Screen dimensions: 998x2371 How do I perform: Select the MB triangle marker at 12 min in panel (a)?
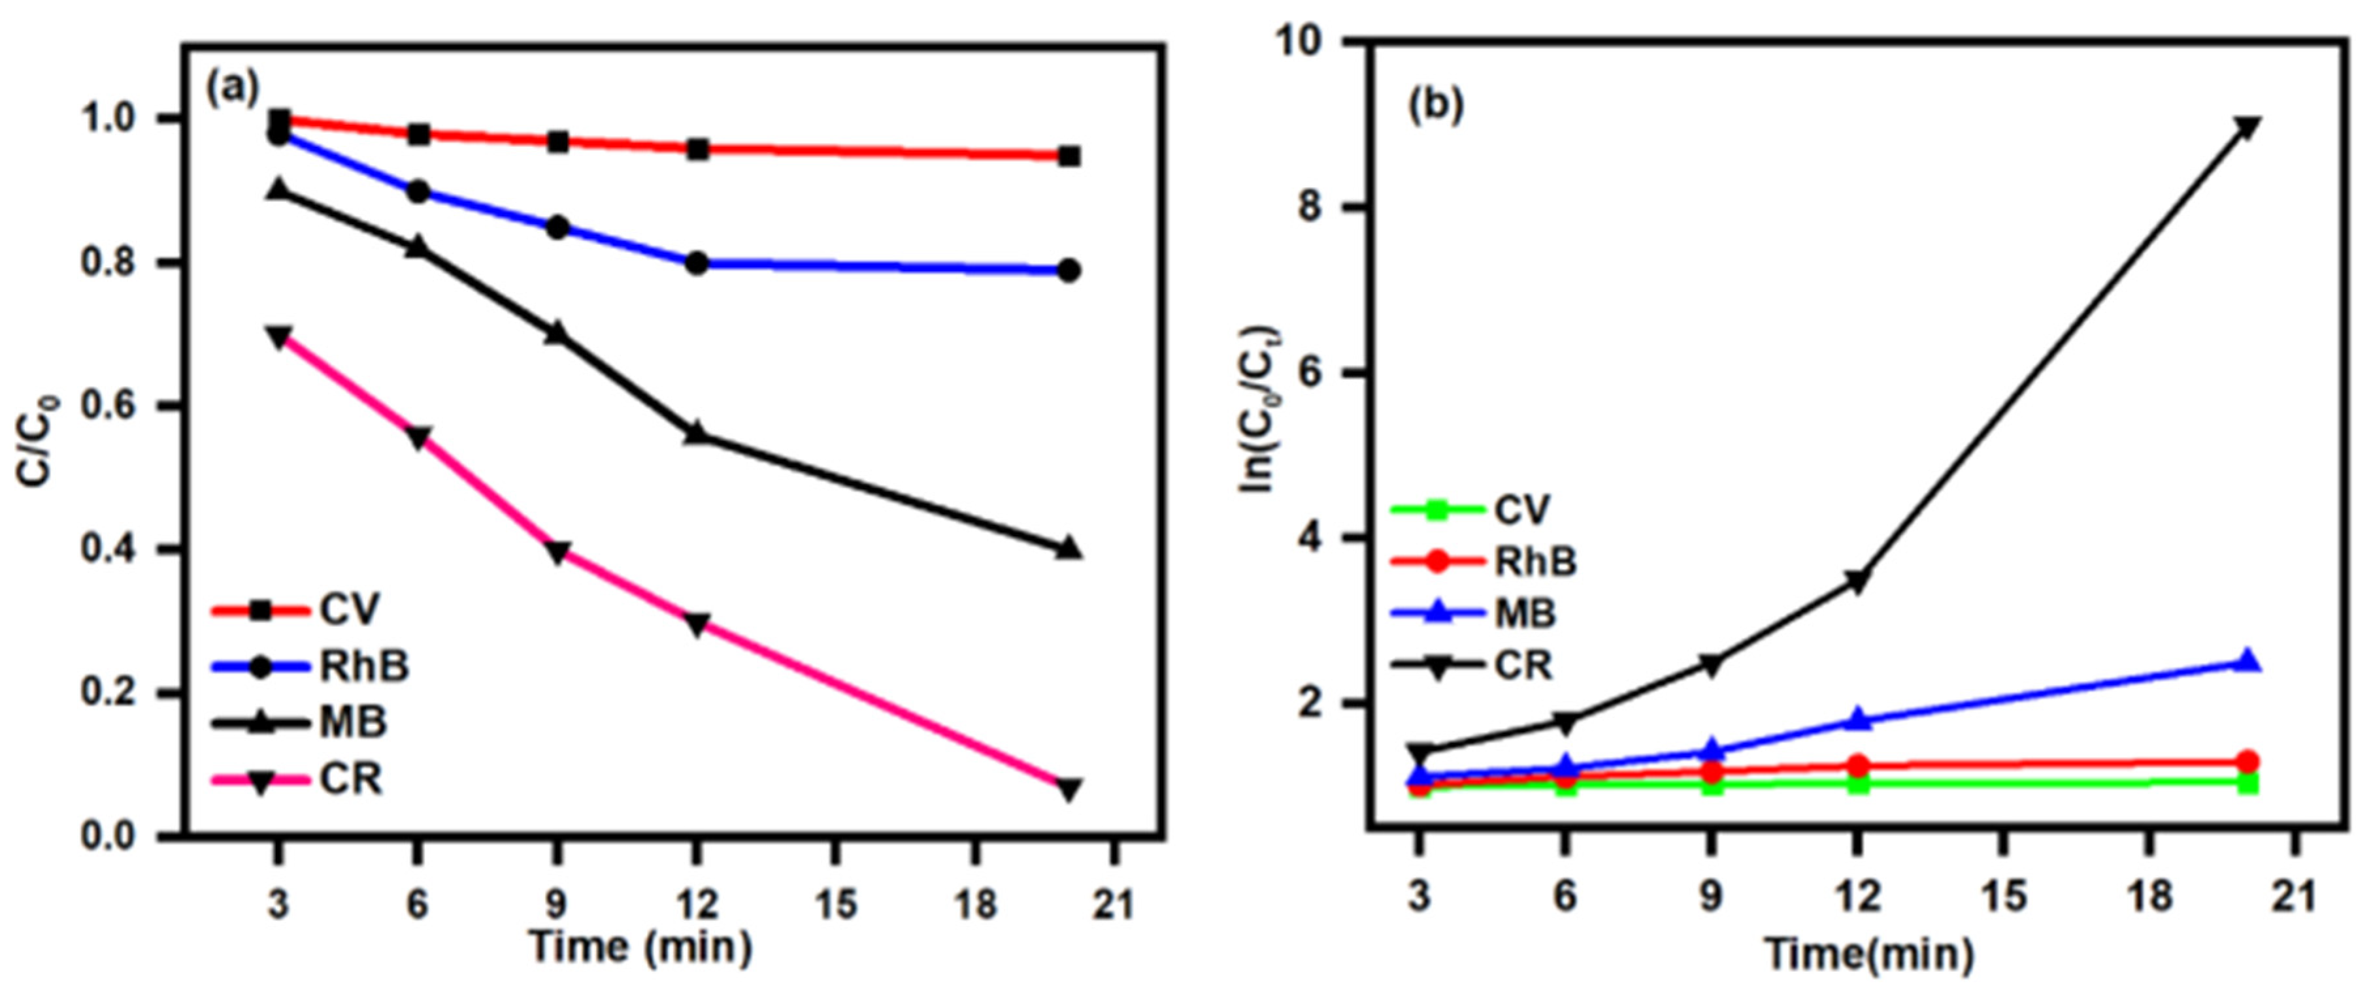(696, 432)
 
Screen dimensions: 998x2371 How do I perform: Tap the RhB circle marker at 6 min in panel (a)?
(417, 191)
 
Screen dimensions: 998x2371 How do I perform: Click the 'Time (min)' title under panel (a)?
(642, 948)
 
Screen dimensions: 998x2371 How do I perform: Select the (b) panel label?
(1436, 106)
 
